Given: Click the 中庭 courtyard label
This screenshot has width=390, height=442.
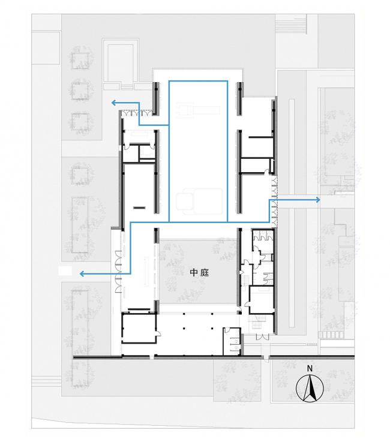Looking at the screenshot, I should pyautogui.click(x=199, y=272).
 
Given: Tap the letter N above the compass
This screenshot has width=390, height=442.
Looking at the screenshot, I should pyautogui.click(x=310, y=368).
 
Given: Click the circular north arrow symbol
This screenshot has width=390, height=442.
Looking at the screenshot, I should pyautogui.click(x=310, y=389).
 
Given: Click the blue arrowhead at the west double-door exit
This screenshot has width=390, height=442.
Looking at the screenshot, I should pyautogui.click(x=82, y=273).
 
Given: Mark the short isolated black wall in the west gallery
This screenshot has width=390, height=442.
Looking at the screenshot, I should pyautogui.click(x=140, y=208).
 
